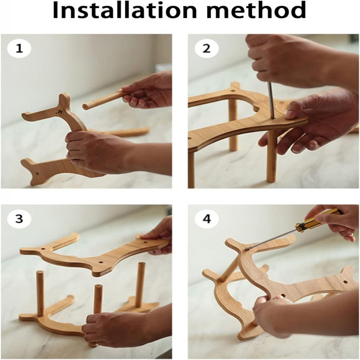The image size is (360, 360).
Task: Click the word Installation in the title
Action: click(125, 10)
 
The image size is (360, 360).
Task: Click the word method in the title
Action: click(255, 10)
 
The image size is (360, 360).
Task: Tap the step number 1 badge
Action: click(19, 49)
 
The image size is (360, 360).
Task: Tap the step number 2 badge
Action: click(207, 49)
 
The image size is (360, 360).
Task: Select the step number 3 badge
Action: click(19, 219)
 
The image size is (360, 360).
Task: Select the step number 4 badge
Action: click(207, 219)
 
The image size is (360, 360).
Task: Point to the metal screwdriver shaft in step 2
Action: click(271, 100)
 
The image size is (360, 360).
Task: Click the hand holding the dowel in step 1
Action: click(147, 90)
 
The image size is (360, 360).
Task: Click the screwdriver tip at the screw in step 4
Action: click(247, 248)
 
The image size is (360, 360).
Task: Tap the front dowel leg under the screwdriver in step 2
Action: click(271, 156)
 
